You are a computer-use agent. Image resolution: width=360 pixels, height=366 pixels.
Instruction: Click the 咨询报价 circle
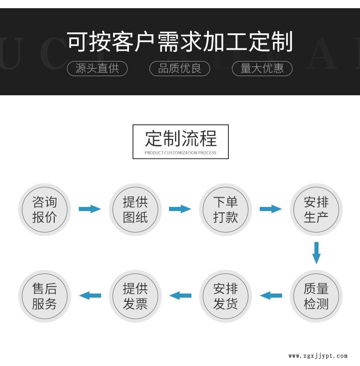44,210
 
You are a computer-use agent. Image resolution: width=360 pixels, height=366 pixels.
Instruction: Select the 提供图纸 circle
135,210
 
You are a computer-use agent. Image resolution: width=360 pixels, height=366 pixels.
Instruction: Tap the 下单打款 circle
226,210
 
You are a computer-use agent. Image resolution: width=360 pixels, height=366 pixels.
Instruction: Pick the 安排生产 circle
316,210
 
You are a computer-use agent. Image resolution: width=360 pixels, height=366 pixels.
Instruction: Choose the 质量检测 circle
316,296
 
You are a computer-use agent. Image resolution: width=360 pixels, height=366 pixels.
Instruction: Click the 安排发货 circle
226,296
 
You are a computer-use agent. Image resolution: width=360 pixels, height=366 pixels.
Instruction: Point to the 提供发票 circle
135,296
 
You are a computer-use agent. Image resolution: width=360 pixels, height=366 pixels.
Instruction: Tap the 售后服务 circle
44,296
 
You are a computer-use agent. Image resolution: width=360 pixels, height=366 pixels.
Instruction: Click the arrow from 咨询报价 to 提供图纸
89,209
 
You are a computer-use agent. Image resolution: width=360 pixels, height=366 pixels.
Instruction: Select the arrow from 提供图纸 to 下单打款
180,209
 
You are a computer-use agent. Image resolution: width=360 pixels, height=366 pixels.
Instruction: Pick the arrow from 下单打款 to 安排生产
271,209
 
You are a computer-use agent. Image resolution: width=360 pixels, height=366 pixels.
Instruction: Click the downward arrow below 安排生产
316,253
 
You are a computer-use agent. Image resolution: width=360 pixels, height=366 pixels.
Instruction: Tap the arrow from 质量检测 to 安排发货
271,295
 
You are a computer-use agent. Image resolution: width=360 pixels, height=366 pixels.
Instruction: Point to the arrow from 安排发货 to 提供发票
180,295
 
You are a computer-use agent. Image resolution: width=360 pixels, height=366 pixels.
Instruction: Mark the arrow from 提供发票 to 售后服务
90,295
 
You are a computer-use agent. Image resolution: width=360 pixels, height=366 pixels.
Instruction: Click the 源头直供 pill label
97,68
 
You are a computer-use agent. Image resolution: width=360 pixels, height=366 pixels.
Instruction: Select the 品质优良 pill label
180,68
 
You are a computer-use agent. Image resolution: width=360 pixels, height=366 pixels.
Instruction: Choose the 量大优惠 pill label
262,68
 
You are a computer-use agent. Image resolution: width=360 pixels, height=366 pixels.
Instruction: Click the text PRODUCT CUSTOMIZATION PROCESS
180,153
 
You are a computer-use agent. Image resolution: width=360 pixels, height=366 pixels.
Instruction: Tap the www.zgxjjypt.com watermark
318,356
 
